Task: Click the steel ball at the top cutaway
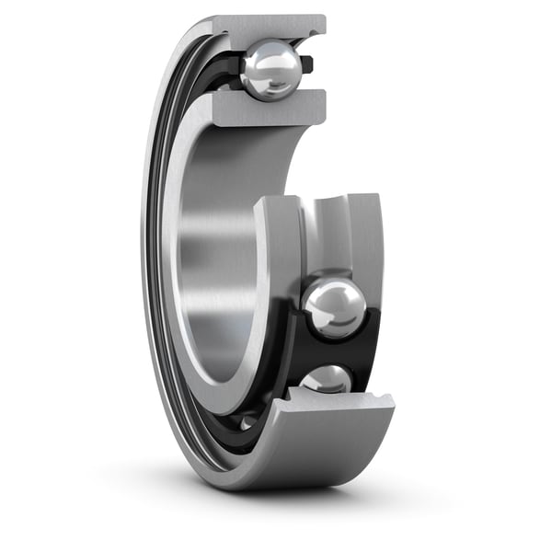pos(270,70)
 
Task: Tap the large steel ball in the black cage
pos(333,307)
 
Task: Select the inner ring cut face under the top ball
pos(267,109)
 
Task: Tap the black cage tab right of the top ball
pos(307,64)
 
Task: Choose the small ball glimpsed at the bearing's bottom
pos(248,421)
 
